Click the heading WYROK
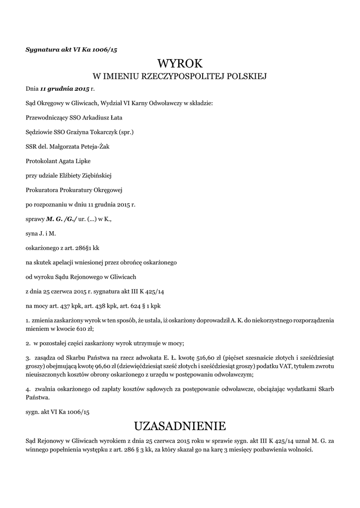point(180,63)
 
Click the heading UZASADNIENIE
point(180,426)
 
